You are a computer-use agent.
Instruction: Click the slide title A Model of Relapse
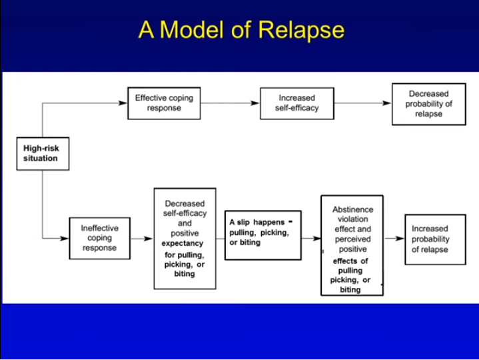[x=241, y=30]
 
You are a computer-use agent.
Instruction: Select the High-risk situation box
[x=42, y=153]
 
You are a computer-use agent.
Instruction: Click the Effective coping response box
[x=164, y=103]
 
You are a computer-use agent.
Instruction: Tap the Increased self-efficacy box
[x=296, y=103]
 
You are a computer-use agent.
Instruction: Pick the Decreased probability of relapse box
[x=428, y=104]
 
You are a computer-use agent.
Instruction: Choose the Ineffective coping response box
[x=99, y=238]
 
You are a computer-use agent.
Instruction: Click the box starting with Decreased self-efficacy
[x=185, y=238]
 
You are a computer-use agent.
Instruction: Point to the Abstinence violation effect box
[x=351, y=245]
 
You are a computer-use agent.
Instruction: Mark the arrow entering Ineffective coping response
[x=64, y=238]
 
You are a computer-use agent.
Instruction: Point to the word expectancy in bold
[x=182, y=244]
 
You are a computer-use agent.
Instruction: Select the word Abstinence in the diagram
[x=352, y=209]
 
